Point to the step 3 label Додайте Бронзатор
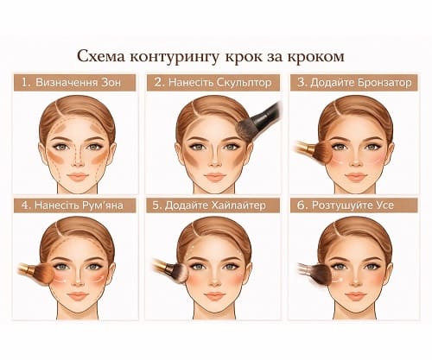(357, 83)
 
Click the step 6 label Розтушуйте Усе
(357, 206)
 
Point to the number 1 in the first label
(27, 83)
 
